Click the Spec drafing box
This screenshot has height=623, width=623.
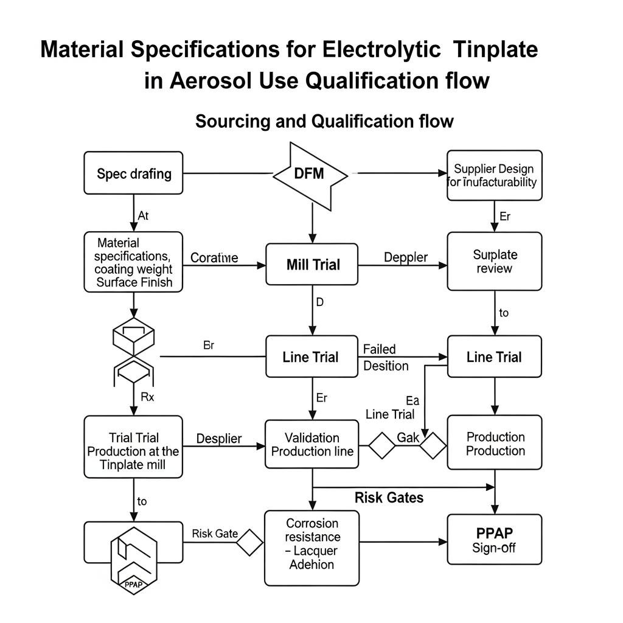point(133,173)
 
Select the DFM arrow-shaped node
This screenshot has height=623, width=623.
point(310,174)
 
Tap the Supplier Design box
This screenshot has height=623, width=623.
point(494,175)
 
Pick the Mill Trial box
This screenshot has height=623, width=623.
point(312,265)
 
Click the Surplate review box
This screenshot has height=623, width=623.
point(494,261)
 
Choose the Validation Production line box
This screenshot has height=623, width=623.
point(312,445)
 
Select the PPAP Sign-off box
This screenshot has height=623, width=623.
point(494,540)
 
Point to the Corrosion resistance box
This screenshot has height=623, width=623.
point(312,544)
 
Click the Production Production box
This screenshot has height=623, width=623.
point(494,444)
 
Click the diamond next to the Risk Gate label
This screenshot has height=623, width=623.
point(249,541)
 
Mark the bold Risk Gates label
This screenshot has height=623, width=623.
point(389,498)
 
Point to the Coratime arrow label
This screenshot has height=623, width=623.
point(214,257)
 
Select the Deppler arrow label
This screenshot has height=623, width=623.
point(405,257)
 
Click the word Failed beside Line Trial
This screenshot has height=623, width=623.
point(379,349)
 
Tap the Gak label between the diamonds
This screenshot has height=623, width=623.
point(408,437)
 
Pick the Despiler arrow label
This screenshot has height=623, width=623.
point(219,438)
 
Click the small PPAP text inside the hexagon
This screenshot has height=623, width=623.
point(133,585)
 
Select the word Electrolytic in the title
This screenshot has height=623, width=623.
point(381,49)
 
